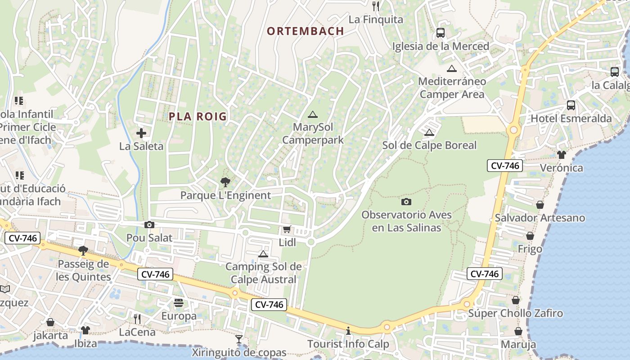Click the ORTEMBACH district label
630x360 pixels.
306,31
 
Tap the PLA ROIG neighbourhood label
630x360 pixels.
198,117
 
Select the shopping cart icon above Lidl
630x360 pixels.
287,229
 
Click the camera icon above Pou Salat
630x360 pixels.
149,225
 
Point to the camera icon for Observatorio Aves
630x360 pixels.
406,202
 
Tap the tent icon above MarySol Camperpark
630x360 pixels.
313,114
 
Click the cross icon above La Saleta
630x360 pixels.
141,133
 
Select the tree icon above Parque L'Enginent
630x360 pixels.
225,182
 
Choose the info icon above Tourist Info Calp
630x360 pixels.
348,331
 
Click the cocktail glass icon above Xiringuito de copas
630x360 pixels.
239,339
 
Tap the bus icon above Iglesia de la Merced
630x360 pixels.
440,33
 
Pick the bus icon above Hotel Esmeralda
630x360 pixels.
571,105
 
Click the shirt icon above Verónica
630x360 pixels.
561,155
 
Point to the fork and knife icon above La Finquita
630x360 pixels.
376,6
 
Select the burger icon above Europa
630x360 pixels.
179,302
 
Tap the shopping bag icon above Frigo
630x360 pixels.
530,236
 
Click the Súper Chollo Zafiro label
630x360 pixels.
516,313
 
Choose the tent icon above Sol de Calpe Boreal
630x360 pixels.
429,132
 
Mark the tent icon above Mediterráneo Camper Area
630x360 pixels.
452,68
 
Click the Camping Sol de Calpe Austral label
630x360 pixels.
263,273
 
